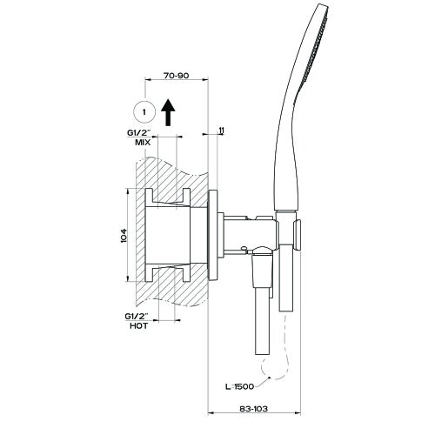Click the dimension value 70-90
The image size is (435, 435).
pos(177,76)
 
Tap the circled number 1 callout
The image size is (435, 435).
pos(144,111)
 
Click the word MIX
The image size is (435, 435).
pos(144,140)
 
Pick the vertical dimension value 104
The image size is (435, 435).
pos(124,235)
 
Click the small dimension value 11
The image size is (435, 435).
pos(222,131)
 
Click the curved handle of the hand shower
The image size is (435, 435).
pos(285,157)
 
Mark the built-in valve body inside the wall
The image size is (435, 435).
pos(174,235)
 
